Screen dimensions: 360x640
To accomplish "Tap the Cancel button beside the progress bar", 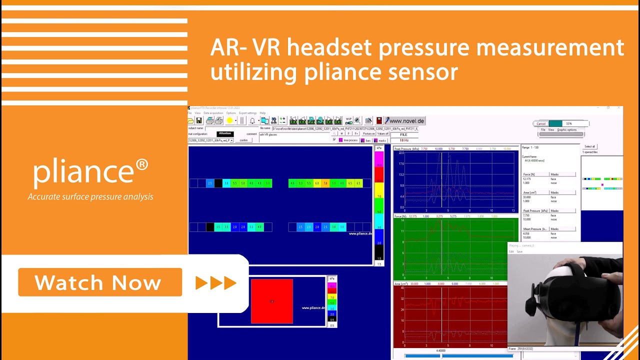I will [x=540, y=123].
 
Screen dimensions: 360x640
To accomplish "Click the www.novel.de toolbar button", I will [x=405, y=120].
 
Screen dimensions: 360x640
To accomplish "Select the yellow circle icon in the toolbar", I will [x=229, y=120].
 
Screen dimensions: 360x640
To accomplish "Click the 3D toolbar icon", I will [x=273, y=120].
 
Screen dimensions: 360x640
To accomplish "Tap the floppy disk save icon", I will [x=199, y=120].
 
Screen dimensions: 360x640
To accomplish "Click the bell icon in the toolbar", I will [x=252, y=120].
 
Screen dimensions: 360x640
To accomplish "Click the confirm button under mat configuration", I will [x=243, y=140].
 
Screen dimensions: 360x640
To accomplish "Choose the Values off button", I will [x=383, y=133].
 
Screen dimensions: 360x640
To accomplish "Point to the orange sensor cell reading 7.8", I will [x=325, y=183].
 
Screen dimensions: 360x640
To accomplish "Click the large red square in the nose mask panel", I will [x=271, y=301].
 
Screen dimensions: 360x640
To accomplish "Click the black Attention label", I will [x=225, y=133].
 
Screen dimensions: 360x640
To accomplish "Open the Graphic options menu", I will [x=566, y=129].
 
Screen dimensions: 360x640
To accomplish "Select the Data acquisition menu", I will [x=213, y=113].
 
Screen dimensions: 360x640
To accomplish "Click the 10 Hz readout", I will [x=404, y=140].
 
